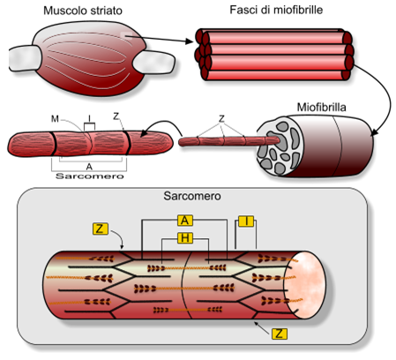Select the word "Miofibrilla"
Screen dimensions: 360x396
click(x=319, y=106)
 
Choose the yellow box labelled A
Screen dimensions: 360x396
click(x=185, y=220)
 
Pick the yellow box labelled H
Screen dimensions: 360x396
click(x=185, y=238)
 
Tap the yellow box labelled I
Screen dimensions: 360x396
click(x=247, y=220)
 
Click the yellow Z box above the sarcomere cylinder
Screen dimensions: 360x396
click(x=101, y=229)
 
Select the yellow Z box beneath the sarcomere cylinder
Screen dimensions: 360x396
click(x=280, y=335)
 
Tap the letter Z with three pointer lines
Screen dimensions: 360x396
click(x=221, y=117)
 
